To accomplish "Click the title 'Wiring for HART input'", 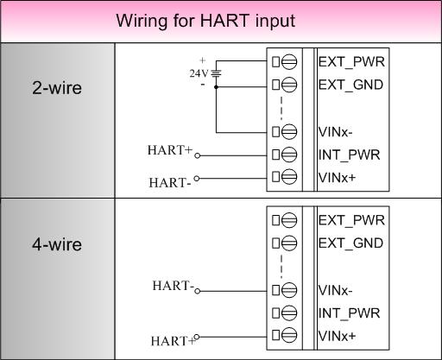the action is tap(205, 21).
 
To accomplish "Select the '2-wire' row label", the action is tap(57, 88).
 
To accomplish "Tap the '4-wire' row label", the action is tap(57, 244).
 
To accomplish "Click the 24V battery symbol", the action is tap(216, 73).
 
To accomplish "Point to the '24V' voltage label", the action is tap(199, 73).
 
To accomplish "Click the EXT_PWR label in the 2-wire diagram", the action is tap(351, 62).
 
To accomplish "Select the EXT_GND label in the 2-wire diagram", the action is tap(350, 85).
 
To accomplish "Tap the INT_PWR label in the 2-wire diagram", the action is tap(349, 155).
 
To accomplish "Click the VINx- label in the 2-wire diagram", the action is tap(335, 132).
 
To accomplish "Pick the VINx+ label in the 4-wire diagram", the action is tap(337, 336).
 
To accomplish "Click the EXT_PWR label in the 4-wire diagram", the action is tap(351, 221).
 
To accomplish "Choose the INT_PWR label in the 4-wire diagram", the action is tap(349, 313).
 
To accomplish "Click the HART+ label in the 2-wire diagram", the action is tap(169, 150).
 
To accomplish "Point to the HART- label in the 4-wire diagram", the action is tap(173, 286).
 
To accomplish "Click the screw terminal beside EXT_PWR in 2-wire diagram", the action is tap(289, 62).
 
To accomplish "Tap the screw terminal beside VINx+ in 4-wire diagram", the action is tap(289, 335).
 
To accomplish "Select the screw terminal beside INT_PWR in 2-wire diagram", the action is tap(289, 155).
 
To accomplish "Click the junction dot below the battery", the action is tap(216, 86).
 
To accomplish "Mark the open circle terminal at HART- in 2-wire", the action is tap(197, 179).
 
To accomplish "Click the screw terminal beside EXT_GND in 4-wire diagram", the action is tap(289, 243).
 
